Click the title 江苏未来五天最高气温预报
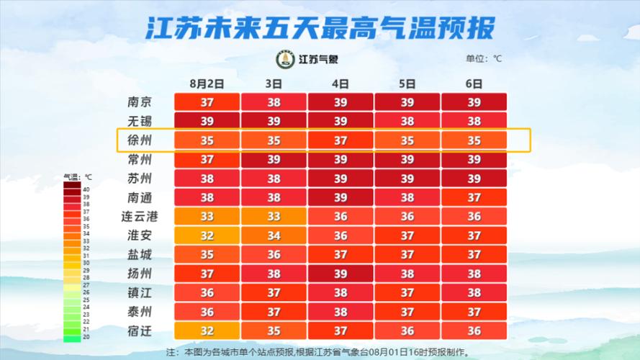click(x=320, y=29)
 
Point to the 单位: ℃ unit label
click(x=483, y=59)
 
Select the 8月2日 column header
click(x=207, y=84)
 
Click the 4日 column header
click(x=341, y=84)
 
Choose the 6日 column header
click(x=474, y=84)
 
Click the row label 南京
click(x=138, y=102)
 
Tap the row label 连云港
click(x=138, y=216)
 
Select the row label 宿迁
click(x=138, y=330)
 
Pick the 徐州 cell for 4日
click(x=341, y=140)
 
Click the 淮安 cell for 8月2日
click(x=207, y=235)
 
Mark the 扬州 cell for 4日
click(x=341, y=274)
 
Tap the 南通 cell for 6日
click(x=474, y=197)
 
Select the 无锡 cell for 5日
click(x=407, y=121)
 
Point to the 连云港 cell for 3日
click(x=274, y=216)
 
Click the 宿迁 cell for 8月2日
click(x=207, y=330)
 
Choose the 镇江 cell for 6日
click(x=474, y=292)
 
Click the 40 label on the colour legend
click(x=86, y=189)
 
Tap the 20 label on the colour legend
click(x=86, y=336)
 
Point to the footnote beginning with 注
click(x=320, y=353)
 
